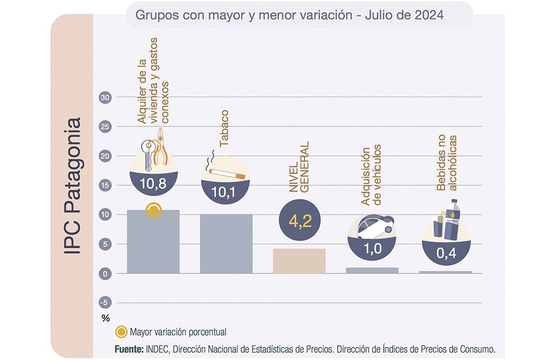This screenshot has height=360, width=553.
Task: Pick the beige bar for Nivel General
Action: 299,260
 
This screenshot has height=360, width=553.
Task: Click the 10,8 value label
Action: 153,184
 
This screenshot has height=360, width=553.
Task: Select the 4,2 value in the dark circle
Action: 299,221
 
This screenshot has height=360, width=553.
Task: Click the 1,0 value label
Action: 372,248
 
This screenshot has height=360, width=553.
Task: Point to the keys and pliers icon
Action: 153,148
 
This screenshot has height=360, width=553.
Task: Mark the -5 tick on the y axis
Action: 105,302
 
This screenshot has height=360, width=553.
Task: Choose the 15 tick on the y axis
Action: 105,185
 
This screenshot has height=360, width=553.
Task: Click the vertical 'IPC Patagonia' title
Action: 72,185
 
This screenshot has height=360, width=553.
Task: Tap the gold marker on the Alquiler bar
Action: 154,211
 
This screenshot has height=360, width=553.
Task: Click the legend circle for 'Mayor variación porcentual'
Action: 121,332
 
